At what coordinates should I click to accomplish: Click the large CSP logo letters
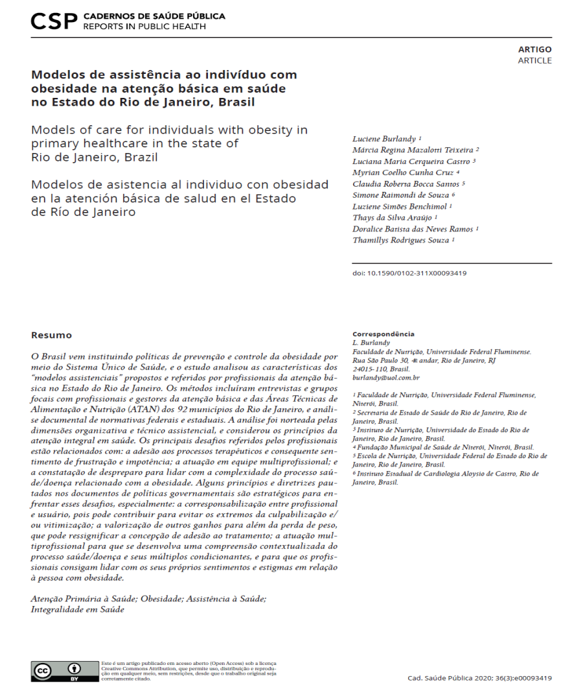coord(54,21)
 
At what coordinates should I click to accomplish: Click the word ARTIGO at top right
coord(534,49)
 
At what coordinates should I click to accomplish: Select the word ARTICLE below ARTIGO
coord(534,60)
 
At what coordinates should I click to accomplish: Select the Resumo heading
coord(52,335)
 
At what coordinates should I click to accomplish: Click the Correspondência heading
coord(383,334)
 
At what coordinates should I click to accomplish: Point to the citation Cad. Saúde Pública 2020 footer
coord(479,678)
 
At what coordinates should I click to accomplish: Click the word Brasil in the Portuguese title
coord(236,101)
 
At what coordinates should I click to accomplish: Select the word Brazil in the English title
coord(141,157)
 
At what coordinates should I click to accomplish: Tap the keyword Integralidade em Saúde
coord(77,609)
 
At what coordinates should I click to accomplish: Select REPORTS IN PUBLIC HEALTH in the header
coord(144,27)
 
